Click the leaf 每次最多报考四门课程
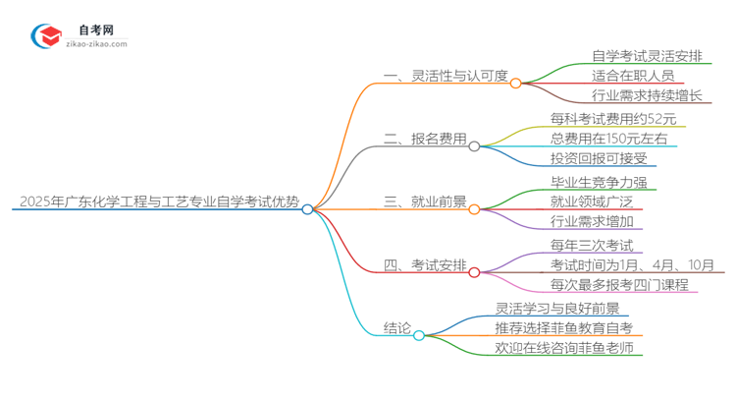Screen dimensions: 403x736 coord(620,284)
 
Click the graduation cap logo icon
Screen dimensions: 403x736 coord(45,36)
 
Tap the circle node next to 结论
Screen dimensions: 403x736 coord(419,335)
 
